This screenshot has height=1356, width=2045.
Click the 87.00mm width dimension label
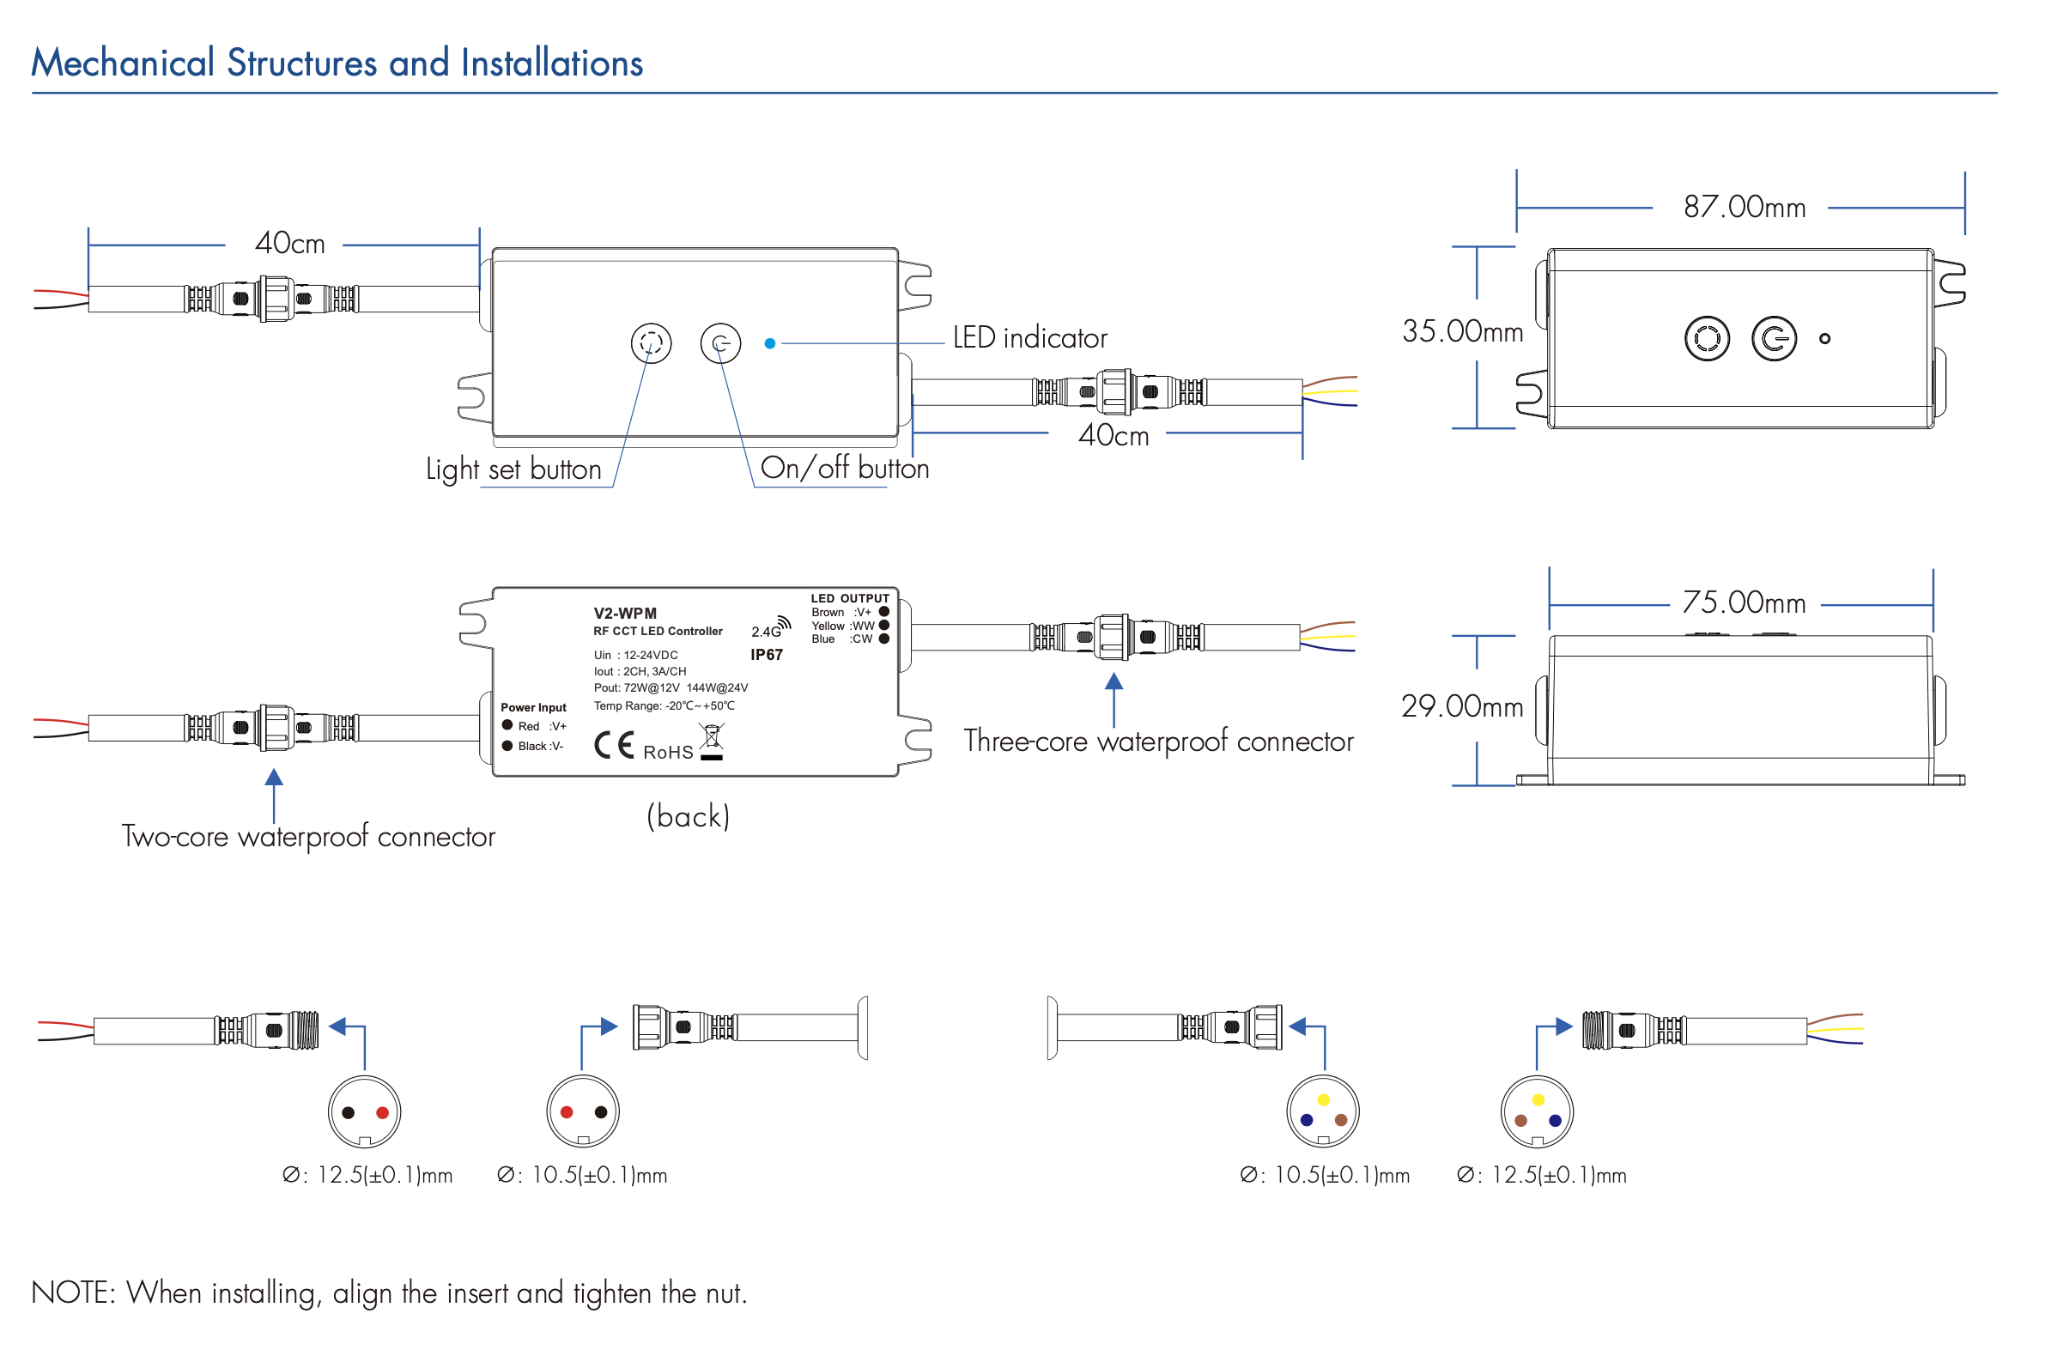tap(1743, 208)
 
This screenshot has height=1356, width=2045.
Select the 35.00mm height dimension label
tap(1462, 331)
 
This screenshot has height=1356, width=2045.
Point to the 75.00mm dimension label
tap(1743, 602)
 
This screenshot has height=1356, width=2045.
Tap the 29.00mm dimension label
tap(1462, 706)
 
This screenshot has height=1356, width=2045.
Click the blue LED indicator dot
tap(770, 344)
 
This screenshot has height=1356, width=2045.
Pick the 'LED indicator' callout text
tap(1029, 338)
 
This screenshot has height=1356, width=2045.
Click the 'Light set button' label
tap(513, 469)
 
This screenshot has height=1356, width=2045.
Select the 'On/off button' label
tap(844, 469)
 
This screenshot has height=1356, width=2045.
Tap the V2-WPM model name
tap(624, 614)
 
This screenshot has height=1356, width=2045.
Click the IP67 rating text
tap(767, 656)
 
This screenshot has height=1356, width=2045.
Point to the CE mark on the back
tap(614, 747)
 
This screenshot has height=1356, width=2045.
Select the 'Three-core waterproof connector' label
tap(1158, 742)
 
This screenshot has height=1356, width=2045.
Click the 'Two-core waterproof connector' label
tap(308, 837)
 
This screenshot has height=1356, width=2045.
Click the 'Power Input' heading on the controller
tap(533, 708)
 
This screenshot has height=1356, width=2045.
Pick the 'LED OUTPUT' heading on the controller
tap(849, 598)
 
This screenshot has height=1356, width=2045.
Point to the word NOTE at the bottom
tap(73, 1293)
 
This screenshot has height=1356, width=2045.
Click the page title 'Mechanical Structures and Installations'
tap(337, 64)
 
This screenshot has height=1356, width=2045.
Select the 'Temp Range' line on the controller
tap(664, 706)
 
